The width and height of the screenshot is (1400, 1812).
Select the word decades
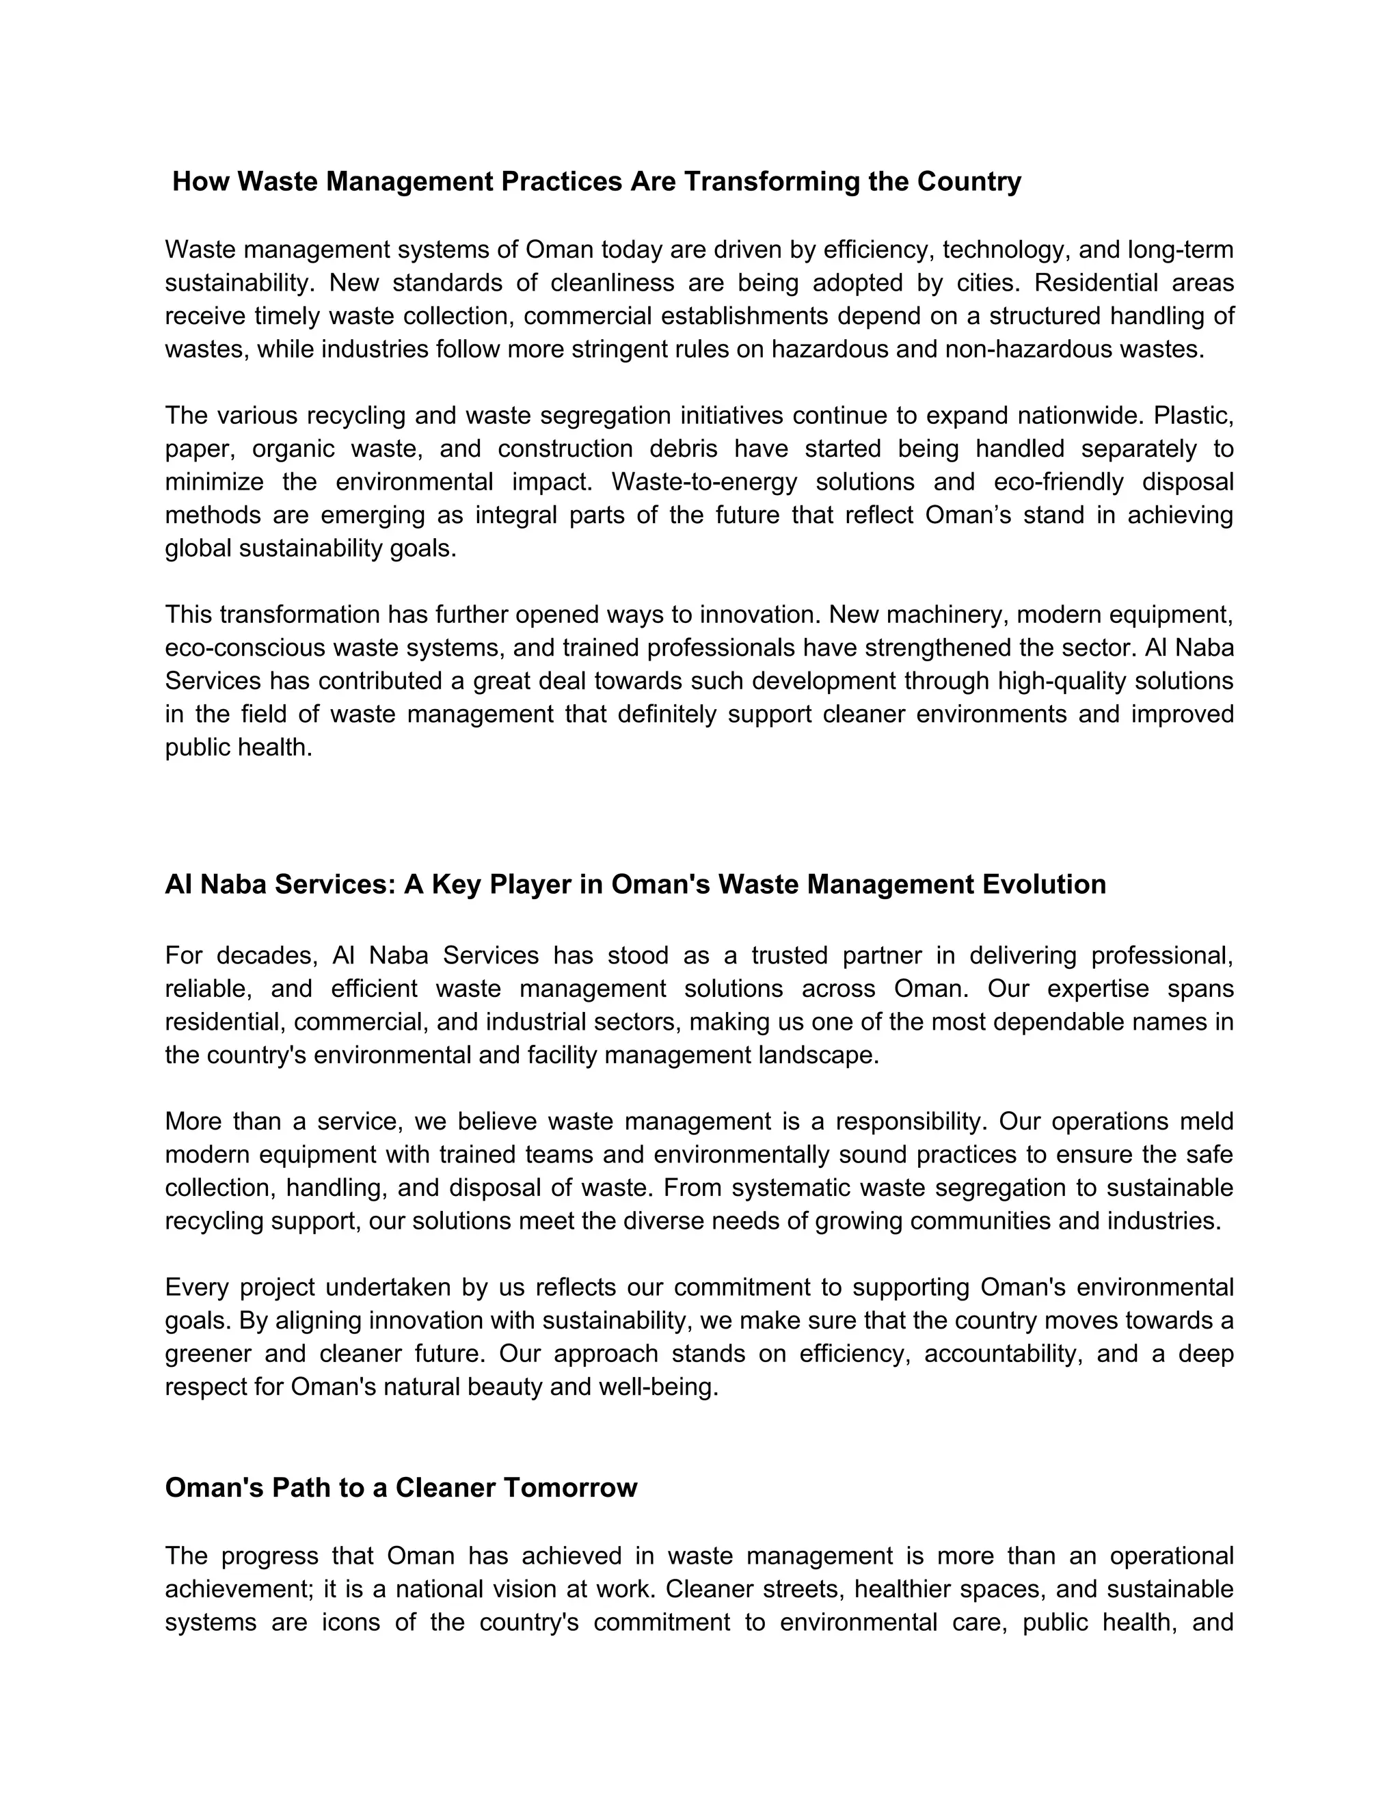tap(265, 956)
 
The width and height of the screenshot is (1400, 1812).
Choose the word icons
tap(351, 1622)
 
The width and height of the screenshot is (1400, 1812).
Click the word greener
tap(207, 1354)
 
